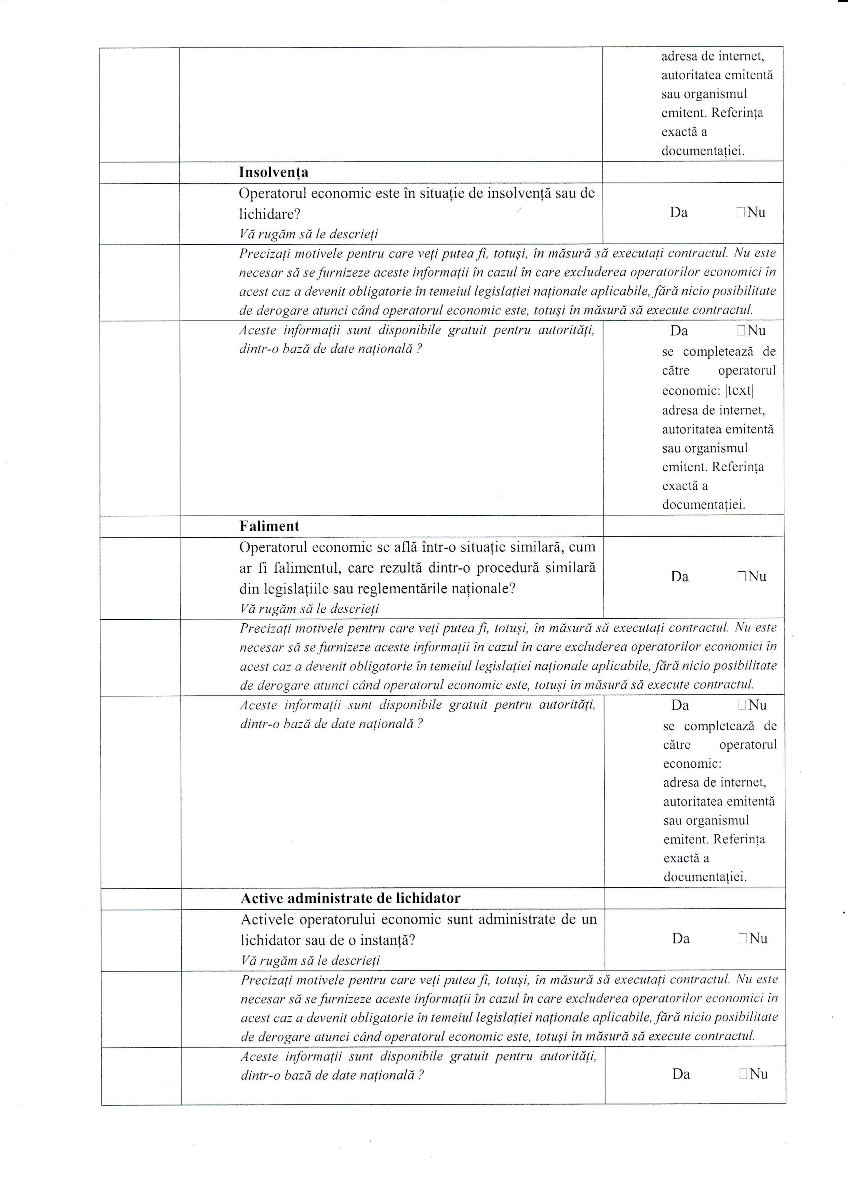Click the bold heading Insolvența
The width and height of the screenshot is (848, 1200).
click(273, 172)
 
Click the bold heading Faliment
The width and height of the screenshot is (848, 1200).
click(269, 526)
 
